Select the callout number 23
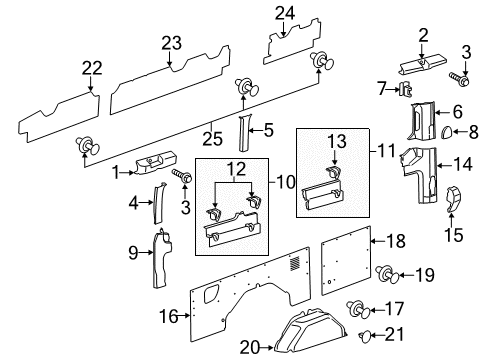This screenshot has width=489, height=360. pos(172,43)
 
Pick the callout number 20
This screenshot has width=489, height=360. pos(250,347)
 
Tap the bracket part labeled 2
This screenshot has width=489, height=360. pos(423,62)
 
